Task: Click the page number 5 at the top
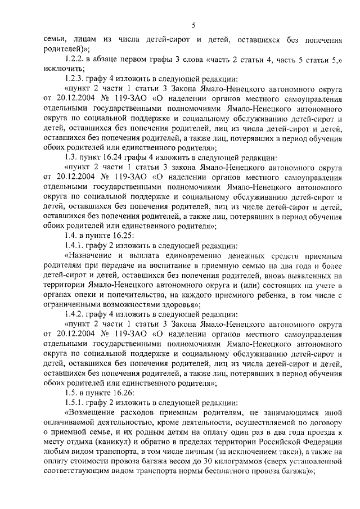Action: (x=193, y=25)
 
